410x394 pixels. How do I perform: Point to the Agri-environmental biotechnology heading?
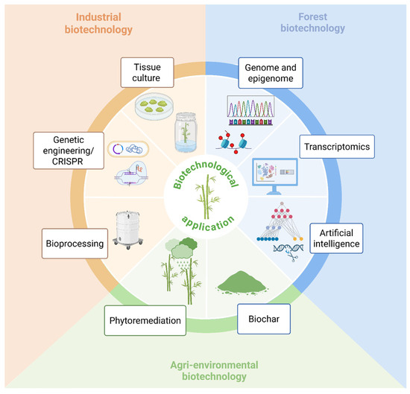204,370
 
